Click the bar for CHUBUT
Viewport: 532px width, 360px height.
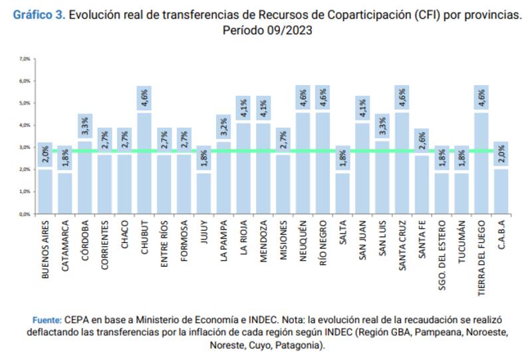(x=144, y=163)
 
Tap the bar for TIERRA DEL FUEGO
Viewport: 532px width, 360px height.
(x=481, y=163)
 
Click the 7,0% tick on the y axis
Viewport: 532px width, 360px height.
(x=25, y=59)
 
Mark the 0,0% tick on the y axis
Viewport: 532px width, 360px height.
(x=25, y=214)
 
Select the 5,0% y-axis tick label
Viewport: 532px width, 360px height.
(x=25, y=103)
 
